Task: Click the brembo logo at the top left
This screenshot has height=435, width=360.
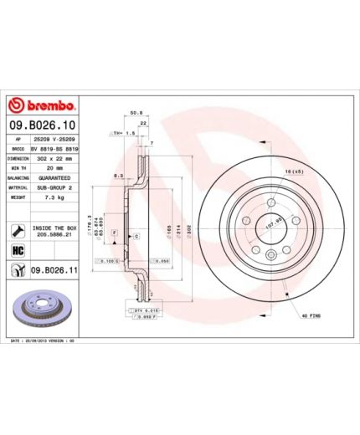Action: [x=42, y=106]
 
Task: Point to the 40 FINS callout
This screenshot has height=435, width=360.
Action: [x=311, y=314]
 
